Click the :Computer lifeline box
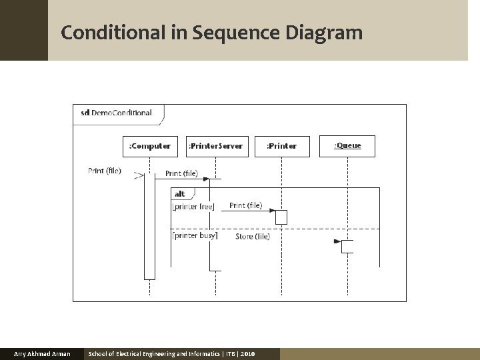click(x=149, y=146)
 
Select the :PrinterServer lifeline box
click(x=215, y=146)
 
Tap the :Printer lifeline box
click(x=281, y=146)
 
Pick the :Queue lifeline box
click(x=347, y=146)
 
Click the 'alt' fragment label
click(x=180, y=194)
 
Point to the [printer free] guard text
click(x=193, y=207)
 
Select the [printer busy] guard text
click(x=195, y=235)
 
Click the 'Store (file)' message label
click(x=253, y=237)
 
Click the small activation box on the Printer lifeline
click(x=281, y=217)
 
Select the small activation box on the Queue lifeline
click(x=347, y=247)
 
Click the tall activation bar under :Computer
click(x=149, y=227)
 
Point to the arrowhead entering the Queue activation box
click(x=337, y=241)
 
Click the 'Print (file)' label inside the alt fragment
click(x=245, y=205)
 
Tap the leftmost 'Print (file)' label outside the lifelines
click(x=105, y=171)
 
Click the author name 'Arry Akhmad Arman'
click(x=42, y=353)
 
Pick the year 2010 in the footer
click(x=247, y=353)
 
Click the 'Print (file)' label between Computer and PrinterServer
click(x=181, y=173)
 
